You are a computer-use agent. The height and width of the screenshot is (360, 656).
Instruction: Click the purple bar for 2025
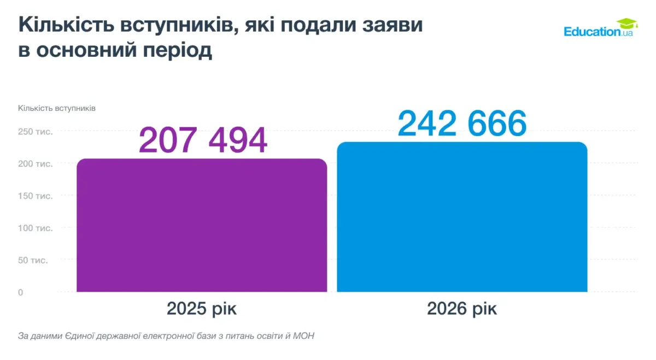tap(202, 225)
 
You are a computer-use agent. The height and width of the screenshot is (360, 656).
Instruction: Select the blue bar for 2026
tap(462, 217)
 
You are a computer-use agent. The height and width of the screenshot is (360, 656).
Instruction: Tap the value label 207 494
tap(203, 140)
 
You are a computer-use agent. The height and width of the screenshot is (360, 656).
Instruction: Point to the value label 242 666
tap(462, 123)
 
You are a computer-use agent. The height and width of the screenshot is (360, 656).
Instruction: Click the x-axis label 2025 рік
tap(202, 309)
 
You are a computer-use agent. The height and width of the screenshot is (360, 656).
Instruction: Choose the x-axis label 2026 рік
tap(462, 309)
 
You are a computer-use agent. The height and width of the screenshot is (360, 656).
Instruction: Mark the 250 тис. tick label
tap(36, 132)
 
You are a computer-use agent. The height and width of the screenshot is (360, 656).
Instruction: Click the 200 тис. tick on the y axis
tap(36, 163)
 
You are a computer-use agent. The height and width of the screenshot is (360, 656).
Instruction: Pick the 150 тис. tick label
tap(36, 196)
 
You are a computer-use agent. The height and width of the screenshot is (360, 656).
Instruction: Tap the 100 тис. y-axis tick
tap(36, 228)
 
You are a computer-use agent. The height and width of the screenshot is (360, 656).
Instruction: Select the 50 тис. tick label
tap(33, 260)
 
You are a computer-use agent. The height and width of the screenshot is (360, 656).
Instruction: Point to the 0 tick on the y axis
tap(21, 292)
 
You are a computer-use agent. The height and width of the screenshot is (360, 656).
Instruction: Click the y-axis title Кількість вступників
tap(57, 108)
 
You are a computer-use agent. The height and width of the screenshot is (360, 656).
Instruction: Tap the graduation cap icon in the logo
tap(627, 23)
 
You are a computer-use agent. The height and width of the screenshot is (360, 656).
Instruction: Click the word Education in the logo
tap(592, 32)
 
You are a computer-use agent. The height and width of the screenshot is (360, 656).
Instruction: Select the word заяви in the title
tap(393, 25)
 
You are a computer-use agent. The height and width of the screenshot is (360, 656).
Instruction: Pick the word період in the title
tap(178, 50)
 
